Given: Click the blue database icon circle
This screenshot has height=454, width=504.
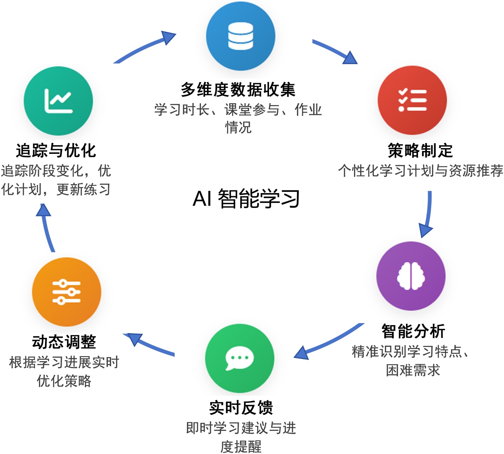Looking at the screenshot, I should [241, 36].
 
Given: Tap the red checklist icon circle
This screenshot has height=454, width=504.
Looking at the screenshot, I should [412, 100].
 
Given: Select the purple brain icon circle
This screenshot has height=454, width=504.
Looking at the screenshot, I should [411, 276].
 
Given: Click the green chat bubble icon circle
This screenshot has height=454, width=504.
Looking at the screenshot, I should [240, 358].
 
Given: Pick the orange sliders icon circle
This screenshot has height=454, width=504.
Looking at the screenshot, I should [66, 292].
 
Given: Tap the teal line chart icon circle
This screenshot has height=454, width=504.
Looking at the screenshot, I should [58, 101].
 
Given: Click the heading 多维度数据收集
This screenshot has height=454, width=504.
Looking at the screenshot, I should [238, 89].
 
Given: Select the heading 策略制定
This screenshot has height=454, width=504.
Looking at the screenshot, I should [420, 150].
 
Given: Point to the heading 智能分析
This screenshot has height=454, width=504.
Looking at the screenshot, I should [413, 331].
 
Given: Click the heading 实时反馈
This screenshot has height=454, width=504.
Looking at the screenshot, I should [241, 408].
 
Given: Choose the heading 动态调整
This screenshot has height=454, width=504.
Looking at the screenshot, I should [64, 342].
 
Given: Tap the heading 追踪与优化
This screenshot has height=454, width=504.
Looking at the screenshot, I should [56, 150].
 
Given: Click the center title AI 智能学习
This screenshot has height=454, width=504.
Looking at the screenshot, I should [246, 199].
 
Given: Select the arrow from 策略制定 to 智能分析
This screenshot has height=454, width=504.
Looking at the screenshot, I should [428, 214].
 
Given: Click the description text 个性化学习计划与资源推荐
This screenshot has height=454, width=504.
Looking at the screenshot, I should [421, 170].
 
